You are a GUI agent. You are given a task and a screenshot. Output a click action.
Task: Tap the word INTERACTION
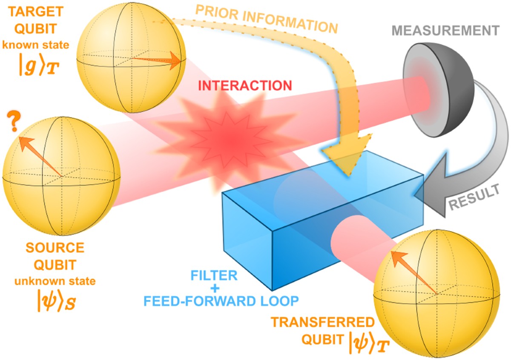(245, 85)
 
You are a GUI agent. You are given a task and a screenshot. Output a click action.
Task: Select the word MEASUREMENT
(445, 31)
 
